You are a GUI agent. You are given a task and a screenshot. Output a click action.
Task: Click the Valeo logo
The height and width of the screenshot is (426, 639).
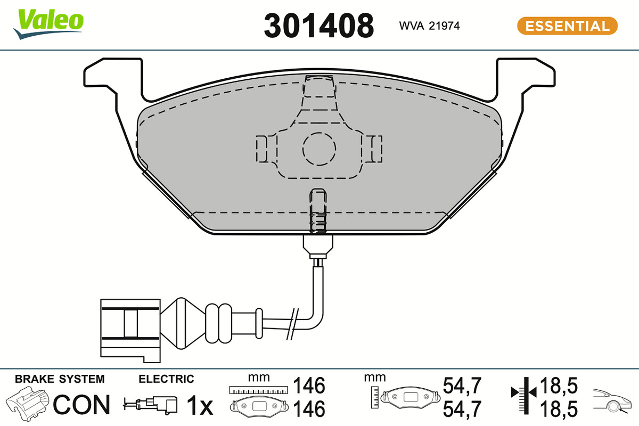[x=48, y=24]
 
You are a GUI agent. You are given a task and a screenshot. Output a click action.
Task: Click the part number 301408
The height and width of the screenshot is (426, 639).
[x=318, y=26]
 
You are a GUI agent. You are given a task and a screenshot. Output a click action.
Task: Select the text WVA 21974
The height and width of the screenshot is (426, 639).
[x=429, y=26]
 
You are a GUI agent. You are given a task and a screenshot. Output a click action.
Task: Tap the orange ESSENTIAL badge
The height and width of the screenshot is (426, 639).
[x=567, y=26]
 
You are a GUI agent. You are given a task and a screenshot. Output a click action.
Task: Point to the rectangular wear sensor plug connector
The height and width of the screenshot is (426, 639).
[x=130, y=331]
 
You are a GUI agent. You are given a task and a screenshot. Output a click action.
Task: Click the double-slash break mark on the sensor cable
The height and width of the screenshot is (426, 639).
[x=293, y=324]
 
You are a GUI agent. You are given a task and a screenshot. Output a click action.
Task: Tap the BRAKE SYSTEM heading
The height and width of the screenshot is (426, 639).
[x=60, y=379]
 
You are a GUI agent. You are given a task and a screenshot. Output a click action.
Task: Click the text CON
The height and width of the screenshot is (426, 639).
[x=81, y=405]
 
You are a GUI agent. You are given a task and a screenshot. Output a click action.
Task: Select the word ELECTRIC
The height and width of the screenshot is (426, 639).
[x=166, y=379]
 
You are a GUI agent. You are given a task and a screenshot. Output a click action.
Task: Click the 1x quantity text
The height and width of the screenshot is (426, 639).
[x=200, y=405]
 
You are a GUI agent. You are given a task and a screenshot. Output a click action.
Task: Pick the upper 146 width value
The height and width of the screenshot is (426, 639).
[x=309, y=386]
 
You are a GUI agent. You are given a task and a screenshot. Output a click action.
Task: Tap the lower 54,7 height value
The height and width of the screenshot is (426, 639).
[x=462, y=409]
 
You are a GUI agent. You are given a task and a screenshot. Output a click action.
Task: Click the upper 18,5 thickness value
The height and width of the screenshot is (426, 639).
[x=559, y=386]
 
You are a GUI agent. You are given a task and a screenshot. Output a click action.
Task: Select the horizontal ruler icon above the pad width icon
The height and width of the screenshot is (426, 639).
[x=258, y=390]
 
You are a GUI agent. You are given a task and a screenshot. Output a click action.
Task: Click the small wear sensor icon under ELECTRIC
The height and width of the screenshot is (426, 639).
[x=150, y=405]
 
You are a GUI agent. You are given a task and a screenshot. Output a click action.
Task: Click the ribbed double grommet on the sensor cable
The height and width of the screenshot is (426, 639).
[x=218, y=323]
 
